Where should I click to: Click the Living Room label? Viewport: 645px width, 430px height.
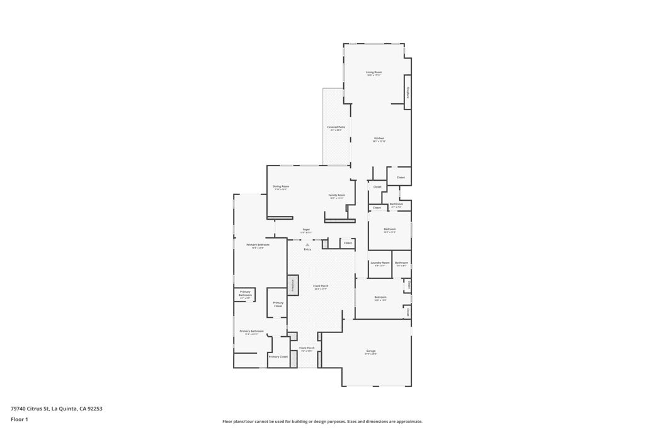(374, 72)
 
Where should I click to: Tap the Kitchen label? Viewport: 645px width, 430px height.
(379, 139)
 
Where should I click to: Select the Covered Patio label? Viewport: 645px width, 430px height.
(336, 127)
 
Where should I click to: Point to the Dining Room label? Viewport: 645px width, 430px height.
(281, 186)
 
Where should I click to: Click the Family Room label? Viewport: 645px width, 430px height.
(337, 195)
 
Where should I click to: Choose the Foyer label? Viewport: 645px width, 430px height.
(306, 229)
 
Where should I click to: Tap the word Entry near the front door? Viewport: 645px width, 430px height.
(307, 250)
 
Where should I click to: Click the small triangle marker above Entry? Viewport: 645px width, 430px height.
(307, 245)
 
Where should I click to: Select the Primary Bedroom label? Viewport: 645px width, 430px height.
(258, 244)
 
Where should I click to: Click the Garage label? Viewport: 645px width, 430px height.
(370, 351)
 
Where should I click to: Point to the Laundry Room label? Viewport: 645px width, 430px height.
(380, 263)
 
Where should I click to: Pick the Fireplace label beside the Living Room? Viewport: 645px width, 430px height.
(408, 93)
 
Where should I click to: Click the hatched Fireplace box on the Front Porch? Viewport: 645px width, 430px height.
(293, 285)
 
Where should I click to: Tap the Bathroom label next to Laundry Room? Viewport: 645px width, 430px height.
(401, 263)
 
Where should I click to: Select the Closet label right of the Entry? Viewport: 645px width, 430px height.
(348, 242)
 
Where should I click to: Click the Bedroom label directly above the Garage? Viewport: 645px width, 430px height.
(380, 297)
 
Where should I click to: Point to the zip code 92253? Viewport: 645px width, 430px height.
(95, 409)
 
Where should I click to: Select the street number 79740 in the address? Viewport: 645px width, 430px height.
(18, 409)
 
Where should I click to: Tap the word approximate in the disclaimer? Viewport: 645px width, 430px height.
(408, 422)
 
